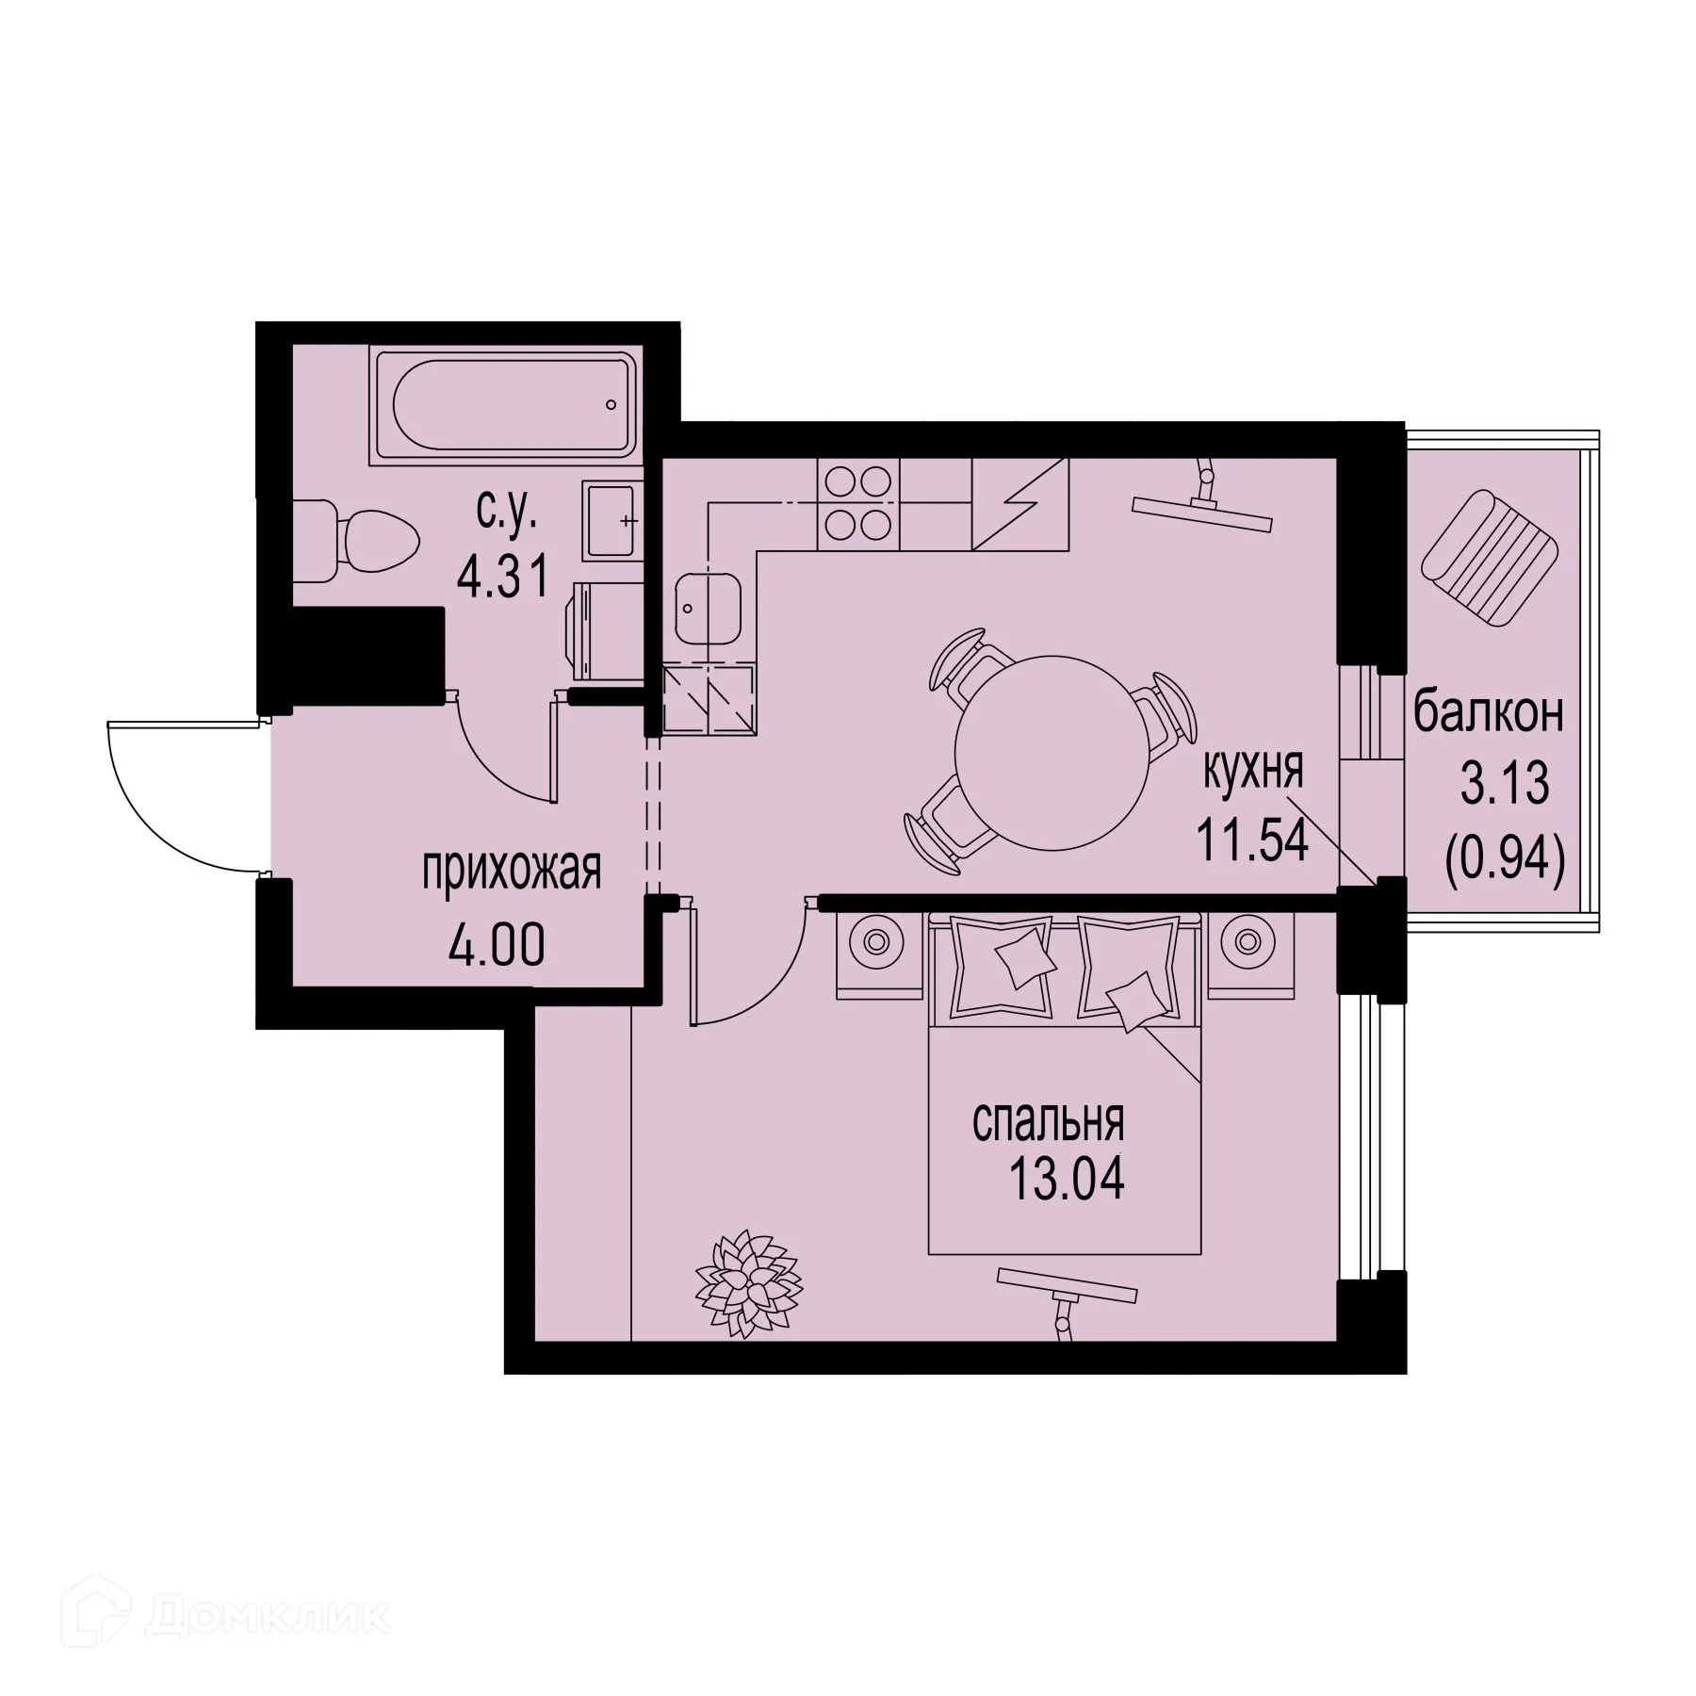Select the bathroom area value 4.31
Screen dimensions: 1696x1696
point(502,577)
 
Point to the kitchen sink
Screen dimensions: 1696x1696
point(708,609)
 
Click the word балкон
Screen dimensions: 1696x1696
point(1488,713)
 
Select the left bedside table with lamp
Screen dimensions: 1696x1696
point(876,954)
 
